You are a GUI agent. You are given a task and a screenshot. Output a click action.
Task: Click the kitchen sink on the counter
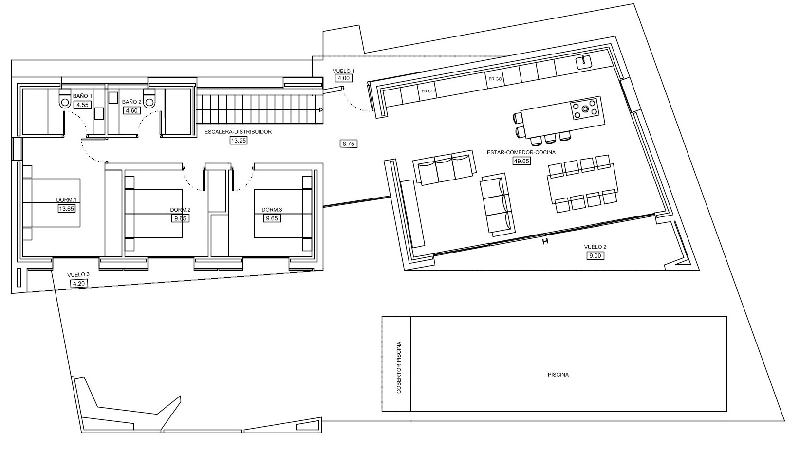tap(584, 62)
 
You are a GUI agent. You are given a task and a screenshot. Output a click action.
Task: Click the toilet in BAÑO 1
tap(64, 100)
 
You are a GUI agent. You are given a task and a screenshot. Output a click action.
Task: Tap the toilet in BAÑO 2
tap(149, 100)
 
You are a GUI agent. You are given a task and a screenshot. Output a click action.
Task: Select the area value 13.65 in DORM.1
tap(66, 209)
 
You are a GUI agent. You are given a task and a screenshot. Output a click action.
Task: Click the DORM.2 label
tap(180, 210)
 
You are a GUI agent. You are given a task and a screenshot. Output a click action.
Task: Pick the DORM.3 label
tap(272, 210)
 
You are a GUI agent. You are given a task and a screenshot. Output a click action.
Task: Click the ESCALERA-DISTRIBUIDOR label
tap(238, 132)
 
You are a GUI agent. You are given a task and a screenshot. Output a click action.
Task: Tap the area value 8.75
tap(349, 144)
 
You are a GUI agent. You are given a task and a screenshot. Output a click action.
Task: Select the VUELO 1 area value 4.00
tap(343, 78)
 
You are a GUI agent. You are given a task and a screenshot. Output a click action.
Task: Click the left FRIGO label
tap(428, 91)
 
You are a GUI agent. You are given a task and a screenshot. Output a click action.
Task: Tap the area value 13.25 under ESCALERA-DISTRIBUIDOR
tap(238, 141)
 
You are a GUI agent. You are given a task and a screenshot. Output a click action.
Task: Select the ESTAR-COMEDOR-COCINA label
tap(521, 152)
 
